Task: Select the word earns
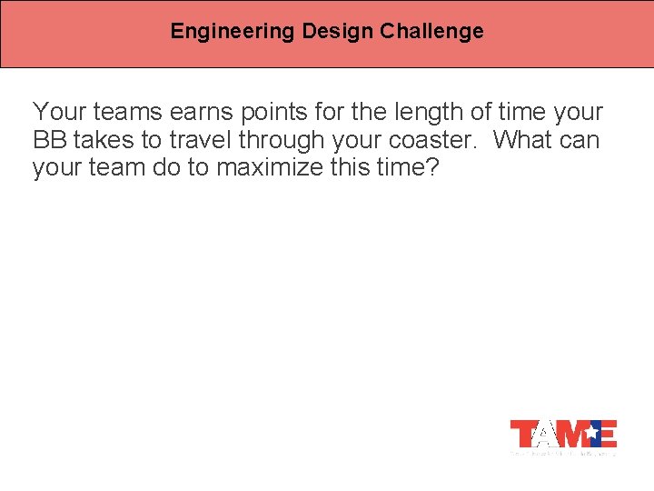tap(206, 113)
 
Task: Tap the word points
tap(283, 113)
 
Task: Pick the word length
tap(416, 113)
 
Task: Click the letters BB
tap(51, 141)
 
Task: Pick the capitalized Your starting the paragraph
tap(58, 113)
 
